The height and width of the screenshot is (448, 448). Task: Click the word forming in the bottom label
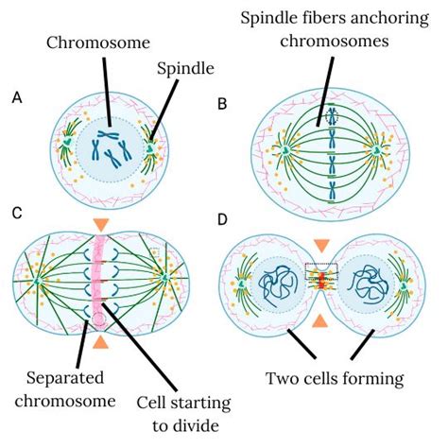[370, 379]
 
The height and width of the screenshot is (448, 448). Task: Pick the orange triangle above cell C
[101, 225]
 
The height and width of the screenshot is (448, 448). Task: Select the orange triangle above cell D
[322, 244]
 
